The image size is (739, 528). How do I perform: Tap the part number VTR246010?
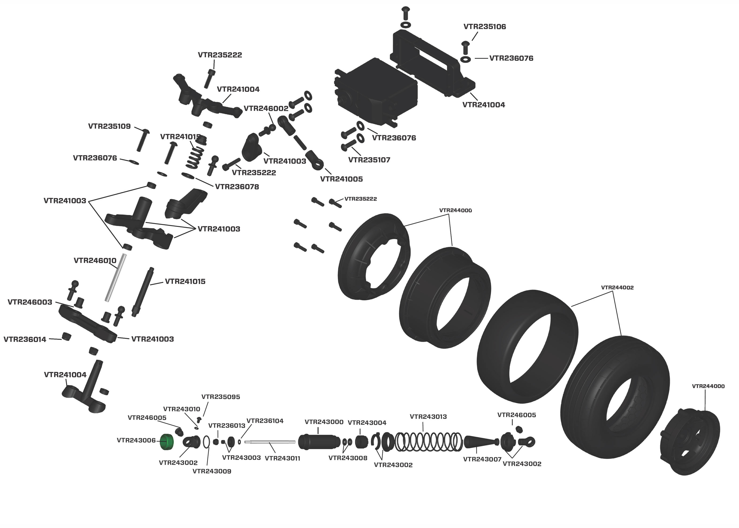pos(95,260)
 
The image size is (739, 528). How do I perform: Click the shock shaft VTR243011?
pos(270,441)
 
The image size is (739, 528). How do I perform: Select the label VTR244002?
pos(617,287)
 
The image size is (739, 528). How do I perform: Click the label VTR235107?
pos(369,160)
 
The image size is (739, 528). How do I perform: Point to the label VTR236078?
pos(237,187)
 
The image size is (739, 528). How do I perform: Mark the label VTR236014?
pos(25,339)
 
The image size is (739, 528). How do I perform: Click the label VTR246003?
pos(30,302)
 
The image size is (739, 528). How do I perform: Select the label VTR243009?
pos(212,471)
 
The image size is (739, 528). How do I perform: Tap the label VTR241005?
pos(341,179)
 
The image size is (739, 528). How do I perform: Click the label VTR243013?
pos(428,417)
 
